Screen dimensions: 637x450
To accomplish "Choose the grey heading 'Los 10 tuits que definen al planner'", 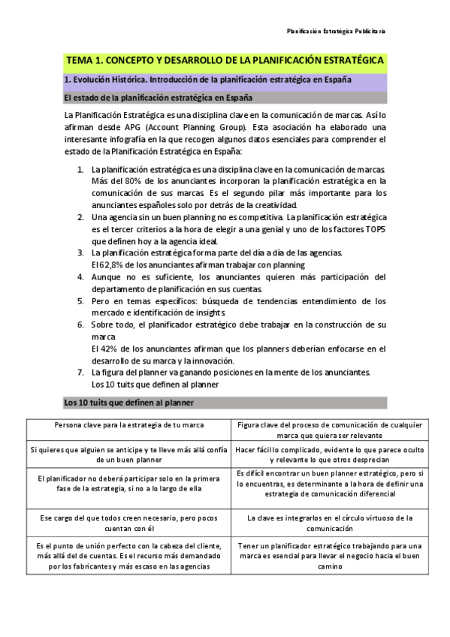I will pos(129,403).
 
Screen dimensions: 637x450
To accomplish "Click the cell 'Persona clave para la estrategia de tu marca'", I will pos(129,425).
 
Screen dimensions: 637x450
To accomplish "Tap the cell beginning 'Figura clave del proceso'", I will pos(330,430).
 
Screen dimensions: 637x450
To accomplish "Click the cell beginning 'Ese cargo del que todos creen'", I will pos(129,522).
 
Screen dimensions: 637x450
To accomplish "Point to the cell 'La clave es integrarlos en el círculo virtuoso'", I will pos(330,522).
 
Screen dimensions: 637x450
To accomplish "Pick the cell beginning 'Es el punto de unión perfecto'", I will pos(129,556).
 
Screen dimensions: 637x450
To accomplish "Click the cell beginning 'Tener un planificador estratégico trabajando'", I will pos(330,556).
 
